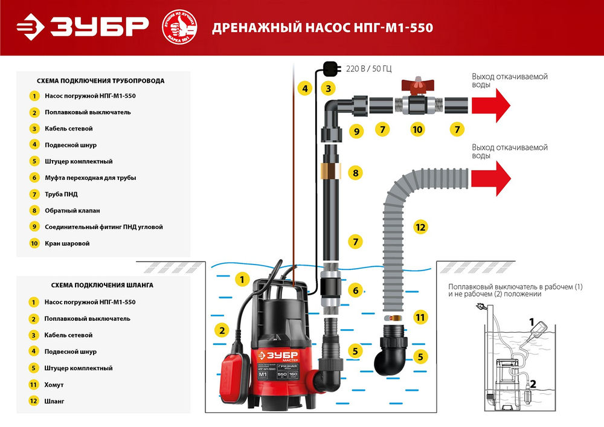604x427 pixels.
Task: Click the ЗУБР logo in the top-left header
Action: point(82,27)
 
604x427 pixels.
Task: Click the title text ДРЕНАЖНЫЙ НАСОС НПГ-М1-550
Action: point(323,28)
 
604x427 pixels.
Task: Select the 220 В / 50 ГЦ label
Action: point(368,68)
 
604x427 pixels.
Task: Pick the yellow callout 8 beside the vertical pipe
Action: point(356,173)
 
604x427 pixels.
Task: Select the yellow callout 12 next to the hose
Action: point(420,227)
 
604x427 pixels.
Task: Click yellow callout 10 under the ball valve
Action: point(417,129)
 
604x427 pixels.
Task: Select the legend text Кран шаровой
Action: point(67,243)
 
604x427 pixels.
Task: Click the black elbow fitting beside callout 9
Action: point(336,109)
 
